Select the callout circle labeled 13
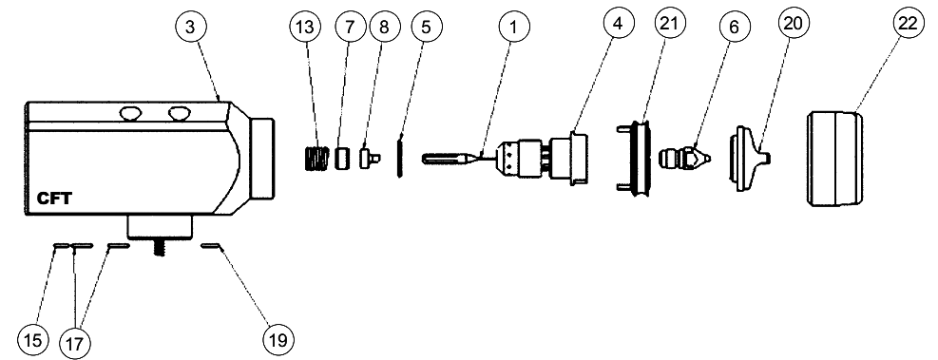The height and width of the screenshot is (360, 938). pos(305,27)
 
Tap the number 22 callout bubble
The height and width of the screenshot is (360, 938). pos(909,24)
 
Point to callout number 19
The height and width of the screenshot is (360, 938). pos(278,340)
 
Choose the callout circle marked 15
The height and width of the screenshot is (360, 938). pos(33,340)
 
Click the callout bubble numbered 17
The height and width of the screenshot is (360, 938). pos(75,343)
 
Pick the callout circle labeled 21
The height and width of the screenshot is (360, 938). pos(670,24)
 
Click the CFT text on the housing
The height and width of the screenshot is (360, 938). pos(54,199)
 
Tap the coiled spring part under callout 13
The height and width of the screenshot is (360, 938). pos(314,159)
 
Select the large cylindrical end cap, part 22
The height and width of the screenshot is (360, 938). pos(835,159)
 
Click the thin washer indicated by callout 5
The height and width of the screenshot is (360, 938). pos(399,157)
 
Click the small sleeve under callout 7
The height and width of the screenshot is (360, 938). pos(342,159)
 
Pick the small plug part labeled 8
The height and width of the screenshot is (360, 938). pos(370,159)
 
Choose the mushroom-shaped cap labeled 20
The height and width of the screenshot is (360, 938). pos(749,159)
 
